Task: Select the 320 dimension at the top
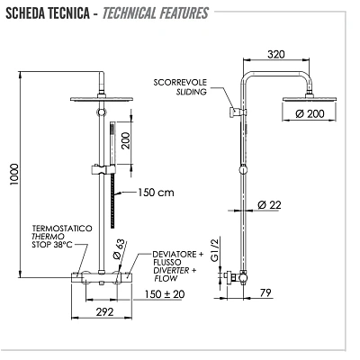(276, 54)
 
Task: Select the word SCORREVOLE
(184, 81)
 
